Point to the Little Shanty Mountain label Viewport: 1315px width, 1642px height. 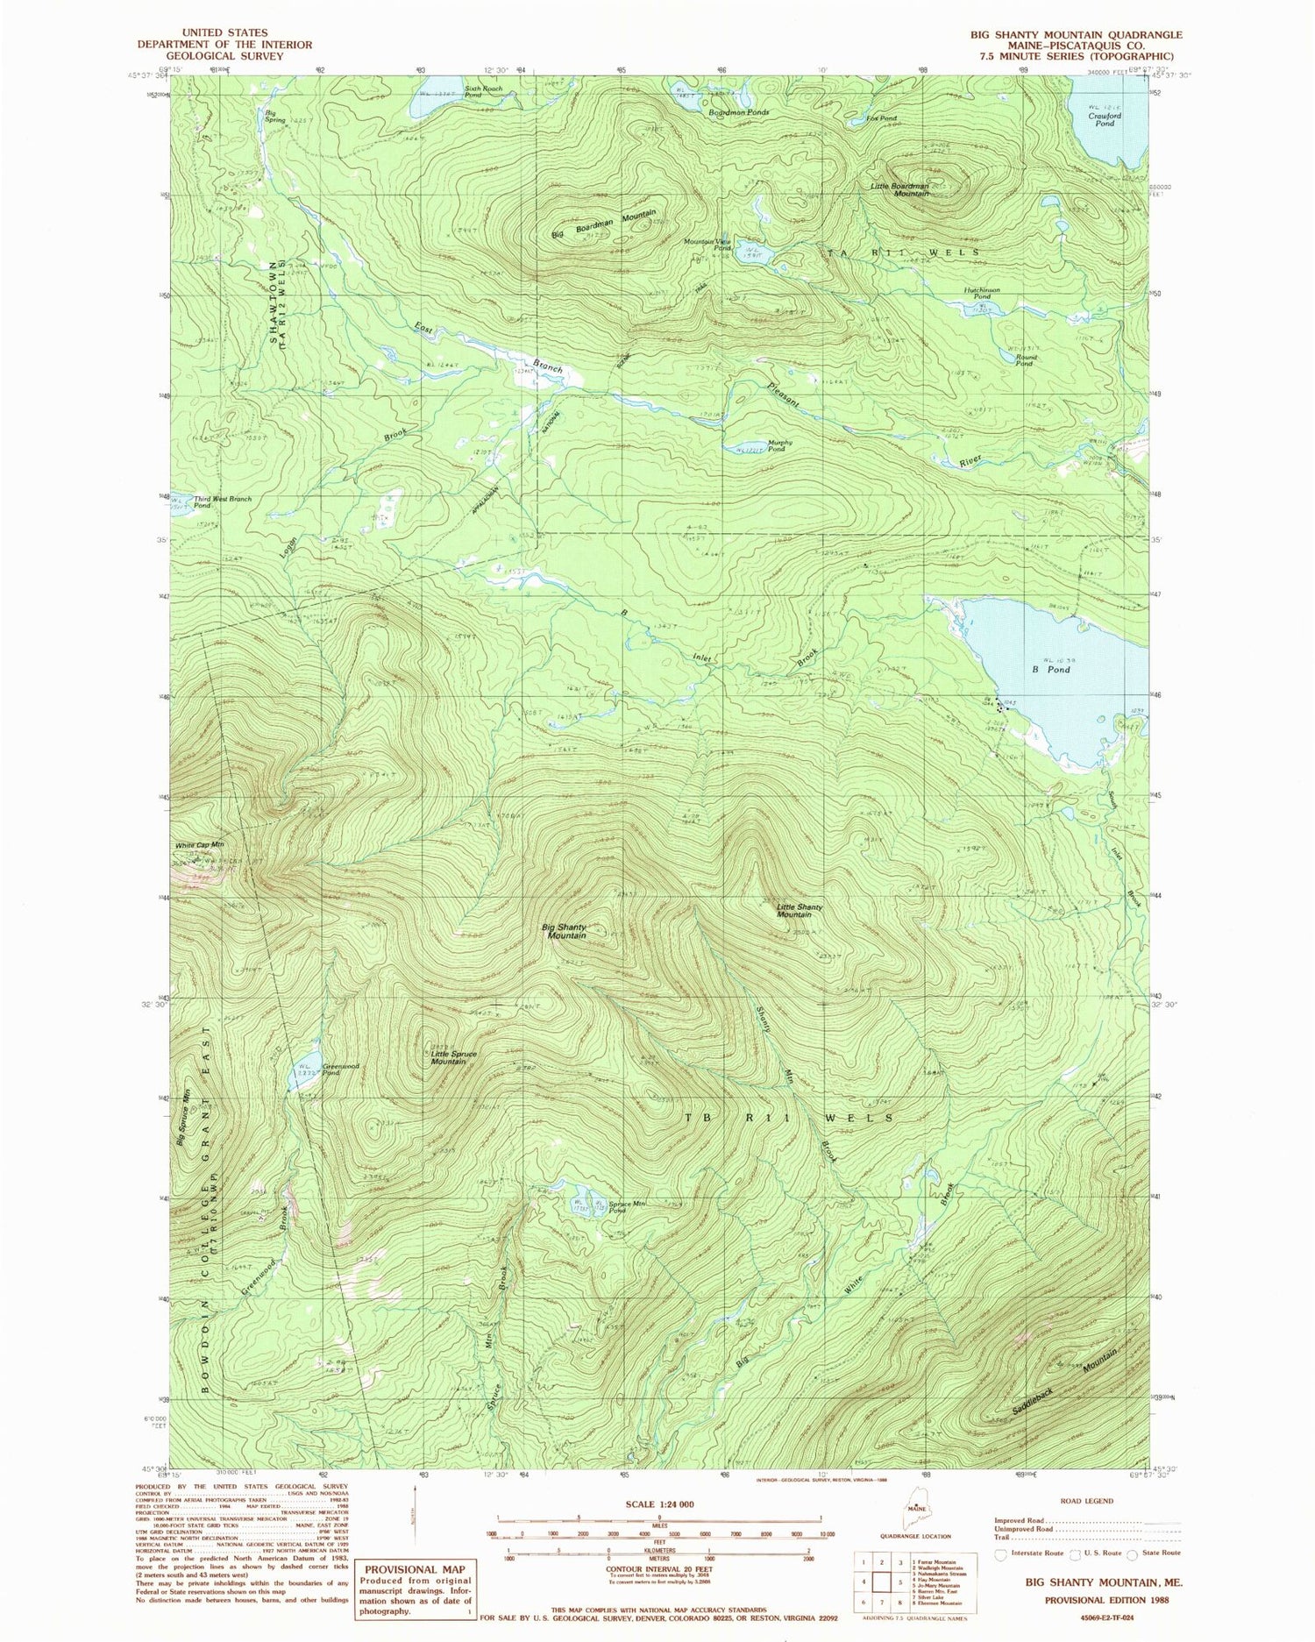799,910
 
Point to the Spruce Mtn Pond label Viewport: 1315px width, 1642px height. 628,1207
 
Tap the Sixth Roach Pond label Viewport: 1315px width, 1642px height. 486,90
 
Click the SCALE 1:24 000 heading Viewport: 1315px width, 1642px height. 659,1504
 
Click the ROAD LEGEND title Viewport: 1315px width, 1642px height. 1087,1501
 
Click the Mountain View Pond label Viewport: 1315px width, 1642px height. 710,245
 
